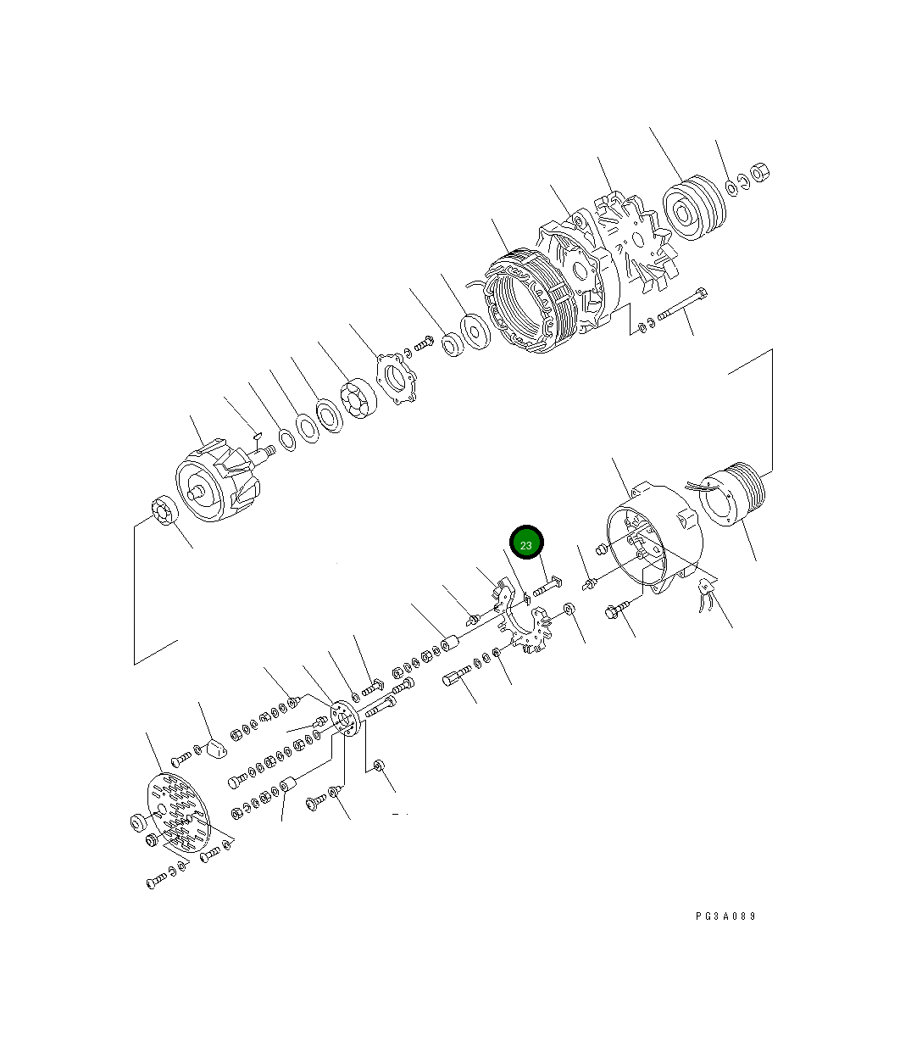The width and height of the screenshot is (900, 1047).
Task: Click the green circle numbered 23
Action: [x=525, y=544]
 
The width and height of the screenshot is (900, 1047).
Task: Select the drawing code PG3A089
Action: [x=725, y=916]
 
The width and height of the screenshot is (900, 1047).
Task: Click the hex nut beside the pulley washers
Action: [x=760, y=173]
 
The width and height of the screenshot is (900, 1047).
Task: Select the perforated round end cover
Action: [x=179, y=814]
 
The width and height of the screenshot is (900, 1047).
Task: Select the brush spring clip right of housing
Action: [x=705, y=594]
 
